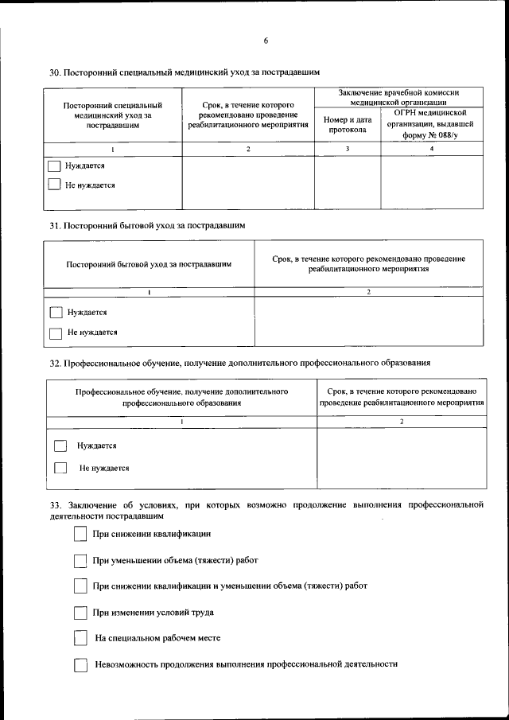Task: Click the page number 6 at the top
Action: click(266, 41)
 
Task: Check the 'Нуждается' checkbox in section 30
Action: click(54, 166)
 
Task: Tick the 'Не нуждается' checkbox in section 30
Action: click(54, 185)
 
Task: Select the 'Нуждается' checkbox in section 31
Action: click(56, 313)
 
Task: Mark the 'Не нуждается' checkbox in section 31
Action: click(56, 333)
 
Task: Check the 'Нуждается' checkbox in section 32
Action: click(60, 446)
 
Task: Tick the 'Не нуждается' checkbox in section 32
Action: click(60, 469)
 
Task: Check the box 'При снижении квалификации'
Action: click(80, 534)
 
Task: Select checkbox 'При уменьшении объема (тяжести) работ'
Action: click(80, 560)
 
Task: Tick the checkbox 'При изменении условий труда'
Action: click(80, 613)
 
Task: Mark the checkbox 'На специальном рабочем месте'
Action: click(80, 638)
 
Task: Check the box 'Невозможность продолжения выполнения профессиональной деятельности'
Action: click(80, 664)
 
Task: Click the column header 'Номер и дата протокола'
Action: click(348, 125)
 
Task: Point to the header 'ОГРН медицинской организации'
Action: click(431, 124)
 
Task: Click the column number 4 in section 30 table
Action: click(432, 149)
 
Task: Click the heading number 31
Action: click(55, 225)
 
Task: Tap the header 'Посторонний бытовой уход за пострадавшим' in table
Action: click(150, 264)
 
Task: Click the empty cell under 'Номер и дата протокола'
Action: click(348, 181)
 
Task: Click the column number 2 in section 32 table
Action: click(402, 421)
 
